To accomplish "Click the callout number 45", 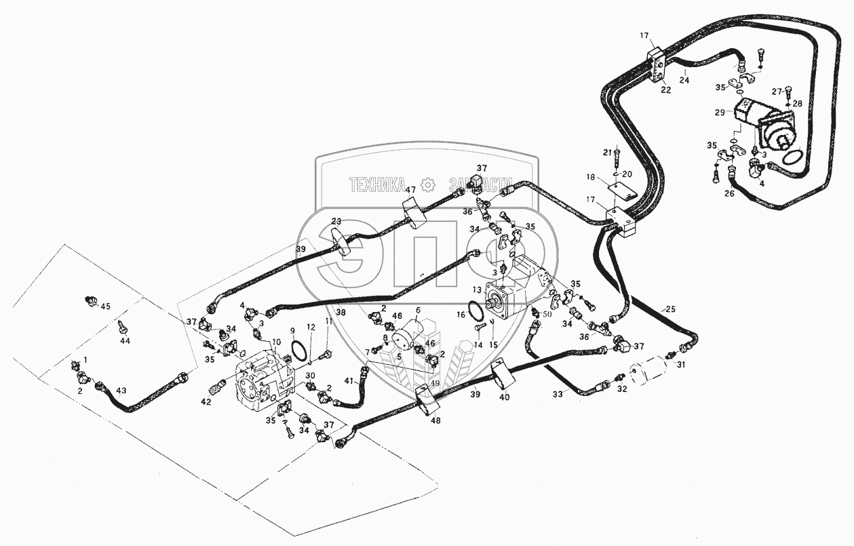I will pyautogui.click(x=105, y=307).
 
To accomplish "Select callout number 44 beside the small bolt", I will pyautogui.click(x=125, y=340).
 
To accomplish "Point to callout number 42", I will pyautogui.click(x=206, y=402).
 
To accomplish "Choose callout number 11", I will pyautogui.click(x=328, y=321).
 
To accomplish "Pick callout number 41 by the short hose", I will pyautogui.click(x=349, y=381).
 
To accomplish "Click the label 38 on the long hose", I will pyautogui.click(x=341, y=313).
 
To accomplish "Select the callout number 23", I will pyautogui.click(x=336, y=221).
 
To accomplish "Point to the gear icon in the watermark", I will pyautogui.click(x=427, y=184).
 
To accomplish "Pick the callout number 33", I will pyautogui.click(x=558, y=393).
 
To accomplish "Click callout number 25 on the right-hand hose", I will pyautogui.click(x=670, y=309).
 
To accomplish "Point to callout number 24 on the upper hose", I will pyautogui.click(x=684, y=80).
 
